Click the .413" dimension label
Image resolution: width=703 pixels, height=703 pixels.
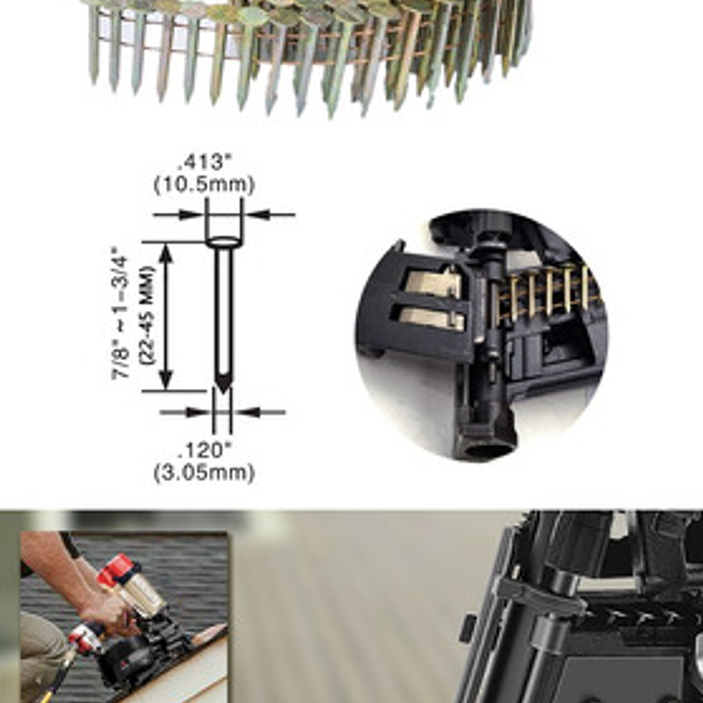click(205, 162)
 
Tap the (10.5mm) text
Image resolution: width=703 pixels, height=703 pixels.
click(204, 184)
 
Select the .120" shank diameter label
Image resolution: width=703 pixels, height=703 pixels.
click(205, 450)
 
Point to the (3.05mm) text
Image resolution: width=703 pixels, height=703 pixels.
click(204, 473)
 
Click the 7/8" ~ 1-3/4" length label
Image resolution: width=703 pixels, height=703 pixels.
click(120, 314)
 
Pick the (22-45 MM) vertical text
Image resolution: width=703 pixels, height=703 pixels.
click(146, 315)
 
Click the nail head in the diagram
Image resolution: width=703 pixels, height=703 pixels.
click(224, 242)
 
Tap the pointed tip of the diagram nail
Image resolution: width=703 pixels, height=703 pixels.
click(223, 393)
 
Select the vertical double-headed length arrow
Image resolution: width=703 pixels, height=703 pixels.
click(166, 316)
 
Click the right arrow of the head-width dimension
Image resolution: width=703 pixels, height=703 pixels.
click(269, 215)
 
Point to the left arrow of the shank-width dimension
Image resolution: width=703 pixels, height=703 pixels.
click(186, 412)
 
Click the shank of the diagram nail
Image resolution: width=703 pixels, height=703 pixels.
click(224, 314)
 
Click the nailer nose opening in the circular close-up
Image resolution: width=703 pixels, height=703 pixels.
click(487, 449)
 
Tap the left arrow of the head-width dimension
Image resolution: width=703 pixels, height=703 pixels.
click(179, 215)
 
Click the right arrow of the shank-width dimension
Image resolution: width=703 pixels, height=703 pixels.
click(259, 412)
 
